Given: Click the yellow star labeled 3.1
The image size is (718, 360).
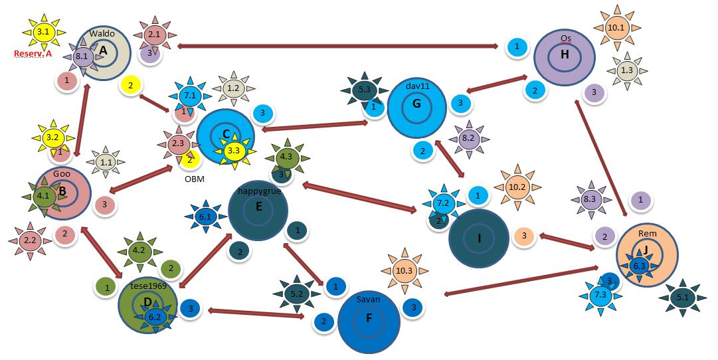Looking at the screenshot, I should [x=43, y=31].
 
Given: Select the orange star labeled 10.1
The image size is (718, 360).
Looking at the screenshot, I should [x=616, y=27].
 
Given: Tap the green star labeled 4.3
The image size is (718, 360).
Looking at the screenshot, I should [x=286, y=157].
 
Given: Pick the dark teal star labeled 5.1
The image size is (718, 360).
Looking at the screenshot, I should [x=682, y=298].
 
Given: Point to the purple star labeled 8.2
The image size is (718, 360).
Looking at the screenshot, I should [x=468, y=139].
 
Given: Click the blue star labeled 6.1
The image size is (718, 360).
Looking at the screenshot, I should [x=205, y=216].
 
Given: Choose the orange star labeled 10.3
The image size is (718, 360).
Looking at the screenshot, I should [x=403, y=270].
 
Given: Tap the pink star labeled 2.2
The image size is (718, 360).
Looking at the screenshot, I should [x=30, y=240].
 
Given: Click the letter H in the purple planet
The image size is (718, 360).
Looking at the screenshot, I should [x=564, y=54].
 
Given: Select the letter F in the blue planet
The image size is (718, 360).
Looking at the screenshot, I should [x=369, y=318].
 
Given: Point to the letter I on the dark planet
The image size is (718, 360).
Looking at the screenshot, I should [x=479, y=238].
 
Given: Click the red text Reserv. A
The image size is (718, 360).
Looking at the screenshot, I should [x=33, y=54].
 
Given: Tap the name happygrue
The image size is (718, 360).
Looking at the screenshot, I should [x=259, y=191].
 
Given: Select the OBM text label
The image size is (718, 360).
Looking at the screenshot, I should [x=194, y=179].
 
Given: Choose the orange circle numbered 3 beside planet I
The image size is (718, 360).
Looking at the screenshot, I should [x=523, y=235].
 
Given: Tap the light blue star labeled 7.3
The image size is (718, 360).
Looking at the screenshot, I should [x=600, y=294].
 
